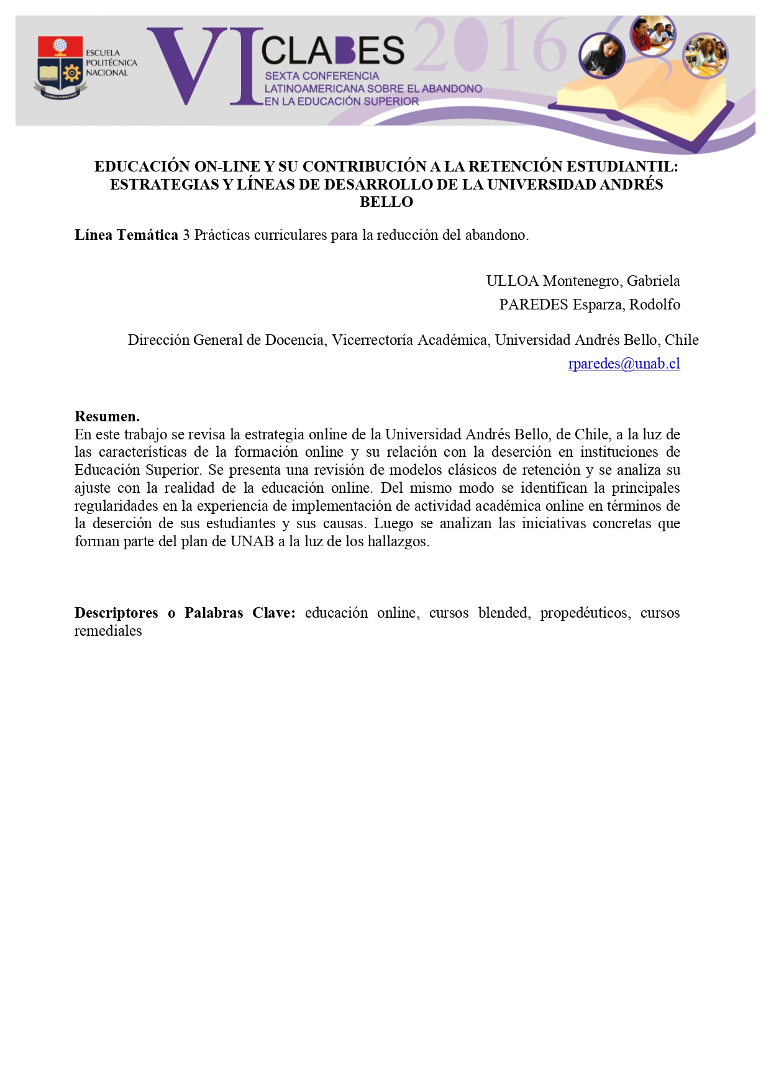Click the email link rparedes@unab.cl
click(624, 364)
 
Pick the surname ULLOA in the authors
click(512, 281)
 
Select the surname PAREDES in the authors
click(534, 305)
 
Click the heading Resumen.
click(107, 416)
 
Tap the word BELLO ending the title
click(386, 202)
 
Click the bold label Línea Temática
click(126, 235)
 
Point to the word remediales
click(108, 631)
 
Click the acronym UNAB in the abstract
click(252, 541)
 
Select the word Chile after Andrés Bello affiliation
click(682, 340)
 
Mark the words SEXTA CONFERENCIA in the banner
click(322, 76)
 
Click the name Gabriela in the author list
click(653, 281)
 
